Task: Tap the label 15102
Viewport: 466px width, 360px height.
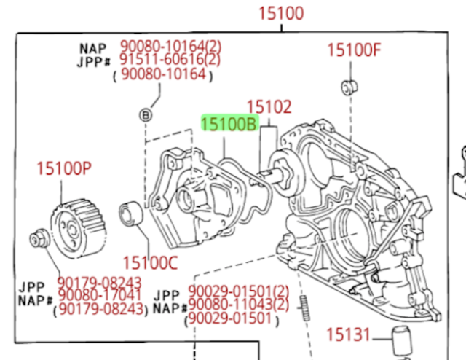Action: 269,108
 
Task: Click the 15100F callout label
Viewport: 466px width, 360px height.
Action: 354,50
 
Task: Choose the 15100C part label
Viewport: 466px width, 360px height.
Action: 149,260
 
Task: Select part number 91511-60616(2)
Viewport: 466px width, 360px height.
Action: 170,60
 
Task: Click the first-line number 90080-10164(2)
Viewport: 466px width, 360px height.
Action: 170,46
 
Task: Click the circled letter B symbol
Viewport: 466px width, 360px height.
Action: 145,114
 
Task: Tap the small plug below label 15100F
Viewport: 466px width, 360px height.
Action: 347,88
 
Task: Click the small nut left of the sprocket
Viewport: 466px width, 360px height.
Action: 38,238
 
